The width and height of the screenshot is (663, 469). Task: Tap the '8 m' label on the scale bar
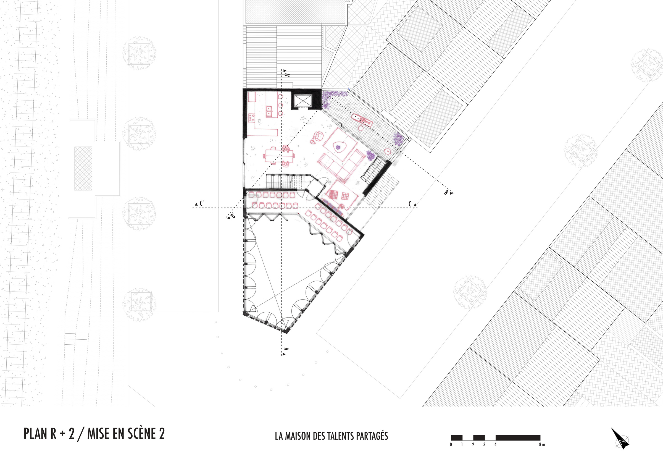pos(542,445)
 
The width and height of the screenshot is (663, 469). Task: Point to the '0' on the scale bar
pos(451,445)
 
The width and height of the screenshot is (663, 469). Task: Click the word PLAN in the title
pos(36,434)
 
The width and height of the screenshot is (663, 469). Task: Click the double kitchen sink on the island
pos(269,111)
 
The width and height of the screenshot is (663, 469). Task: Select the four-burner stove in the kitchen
pos(251,118)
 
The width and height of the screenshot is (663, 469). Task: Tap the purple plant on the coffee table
pos(338,148)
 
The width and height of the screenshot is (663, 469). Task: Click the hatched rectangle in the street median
pos(83,169)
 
